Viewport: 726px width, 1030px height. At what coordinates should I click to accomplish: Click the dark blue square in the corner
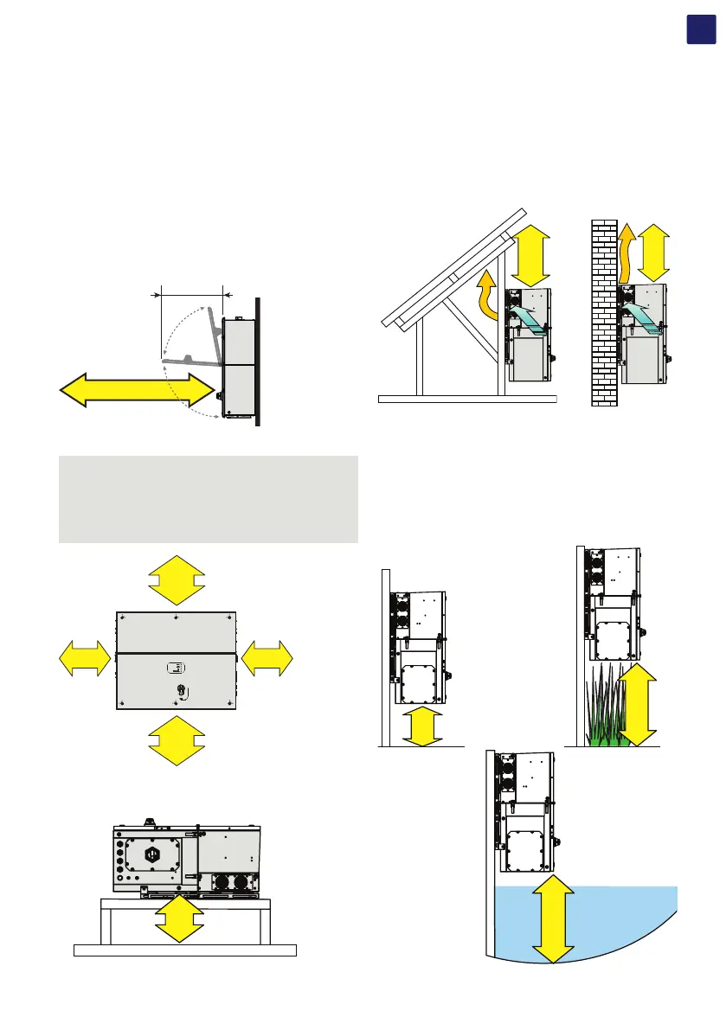point(700,28)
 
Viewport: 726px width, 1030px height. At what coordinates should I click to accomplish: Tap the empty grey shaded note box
point(208,499)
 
